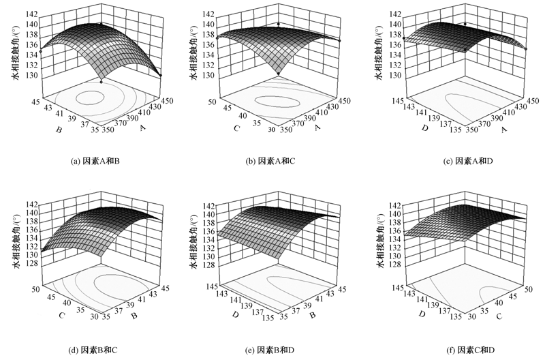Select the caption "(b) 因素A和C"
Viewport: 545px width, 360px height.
[277, 162]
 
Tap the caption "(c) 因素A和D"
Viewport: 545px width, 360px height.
[461, 161]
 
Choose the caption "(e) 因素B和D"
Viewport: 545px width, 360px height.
[277, 350]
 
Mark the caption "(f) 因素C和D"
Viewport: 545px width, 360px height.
[461, 350]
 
